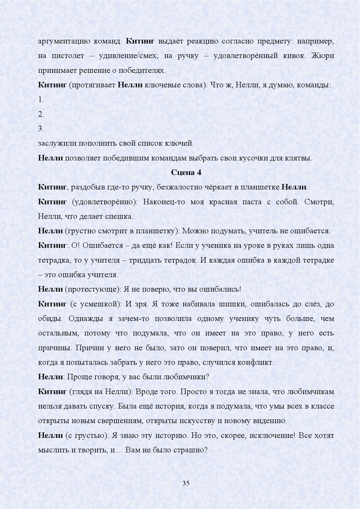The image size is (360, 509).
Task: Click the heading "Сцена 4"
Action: coord(186,172)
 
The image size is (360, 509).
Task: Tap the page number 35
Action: coord(186,483)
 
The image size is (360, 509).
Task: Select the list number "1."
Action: coord(41,100)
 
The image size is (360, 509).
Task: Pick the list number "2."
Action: coord(41,114)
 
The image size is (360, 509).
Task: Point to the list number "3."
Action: coord(41,129)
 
